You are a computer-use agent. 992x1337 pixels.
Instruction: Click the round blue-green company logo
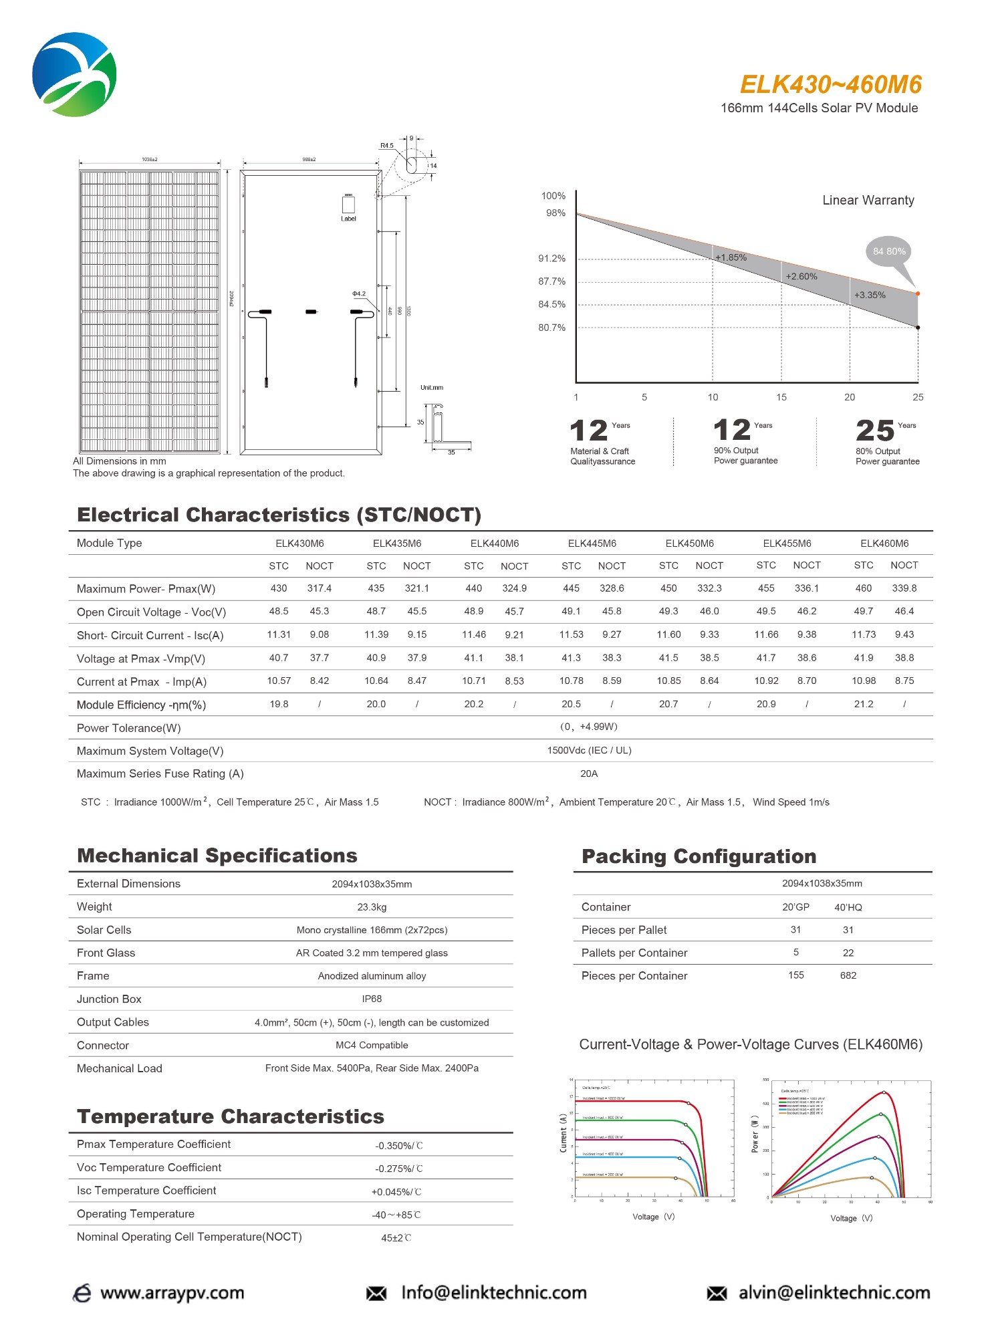pyautogui.click(x=74, y=74)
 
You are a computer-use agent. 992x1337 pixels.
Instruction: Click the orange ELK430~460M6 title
pyautogui.click(x=830, y=85)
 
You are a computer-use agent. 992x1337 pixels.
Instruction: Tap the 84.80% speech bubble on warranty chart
pyautogui.click(x=889, y=252)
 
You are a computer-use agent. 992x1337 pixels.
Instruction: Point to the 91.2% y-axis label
pyautogui.click(x=551, y=259)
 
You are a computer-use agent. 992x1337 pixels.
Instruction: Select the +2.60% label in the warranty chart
pyautogui.click(x=801, y=277)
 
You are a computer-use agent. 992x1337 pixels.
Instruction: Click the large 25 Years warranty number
pyautogui.click(x=874, y=431)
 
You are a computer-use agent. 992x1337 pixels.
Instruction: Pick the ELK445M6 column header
pyautogui.click(x=592, y=543)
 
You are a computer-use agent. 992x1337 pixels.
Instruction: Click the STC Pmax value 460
pyautogui.click(x=863, y=588)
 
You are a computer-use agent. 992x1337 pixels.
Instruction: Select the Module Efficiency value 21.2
pyautogui.click(x=863, y=704)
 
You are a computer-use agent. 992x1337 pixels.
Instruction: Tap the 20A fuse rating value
pyautogui.click(x=588, y=773)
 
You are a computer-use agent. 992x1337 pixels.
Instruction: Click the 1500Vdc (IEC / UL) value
pyautogui.click(x=589, y=750)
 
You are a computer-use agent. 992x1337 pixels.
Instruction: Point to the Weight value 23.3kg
pyautogui.click(x=372, y=907)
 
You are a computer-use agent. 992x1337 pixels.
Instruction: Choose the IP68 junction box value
pyautogui.click(x=372, y=999)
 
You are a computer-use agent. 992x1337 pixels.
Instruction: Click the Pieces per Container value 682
pyautogui.click(x=848, y=975)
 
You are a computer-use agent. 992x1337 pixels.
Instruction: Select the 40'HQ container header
pyautogui.click(x=848, y=907)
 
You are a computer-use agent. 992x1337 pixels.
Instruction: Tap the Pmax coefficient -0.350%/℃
pyautogui.click(x=398, y=1146)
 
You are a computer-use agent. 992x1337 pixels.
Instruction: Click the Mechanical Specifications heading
pyautogui.click(x=217, y=856)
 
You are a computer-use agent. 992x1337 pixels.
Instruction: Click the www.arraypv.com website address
pyautogui.click(x=172, y=1293)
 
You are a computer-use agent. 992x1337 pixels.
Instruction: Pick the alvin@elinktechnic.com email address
pyautogui.click(x=834, y=1293)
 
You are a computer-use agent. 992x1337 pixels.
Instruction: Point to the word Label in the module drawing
pyautogui.click(x=348, y=219)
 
